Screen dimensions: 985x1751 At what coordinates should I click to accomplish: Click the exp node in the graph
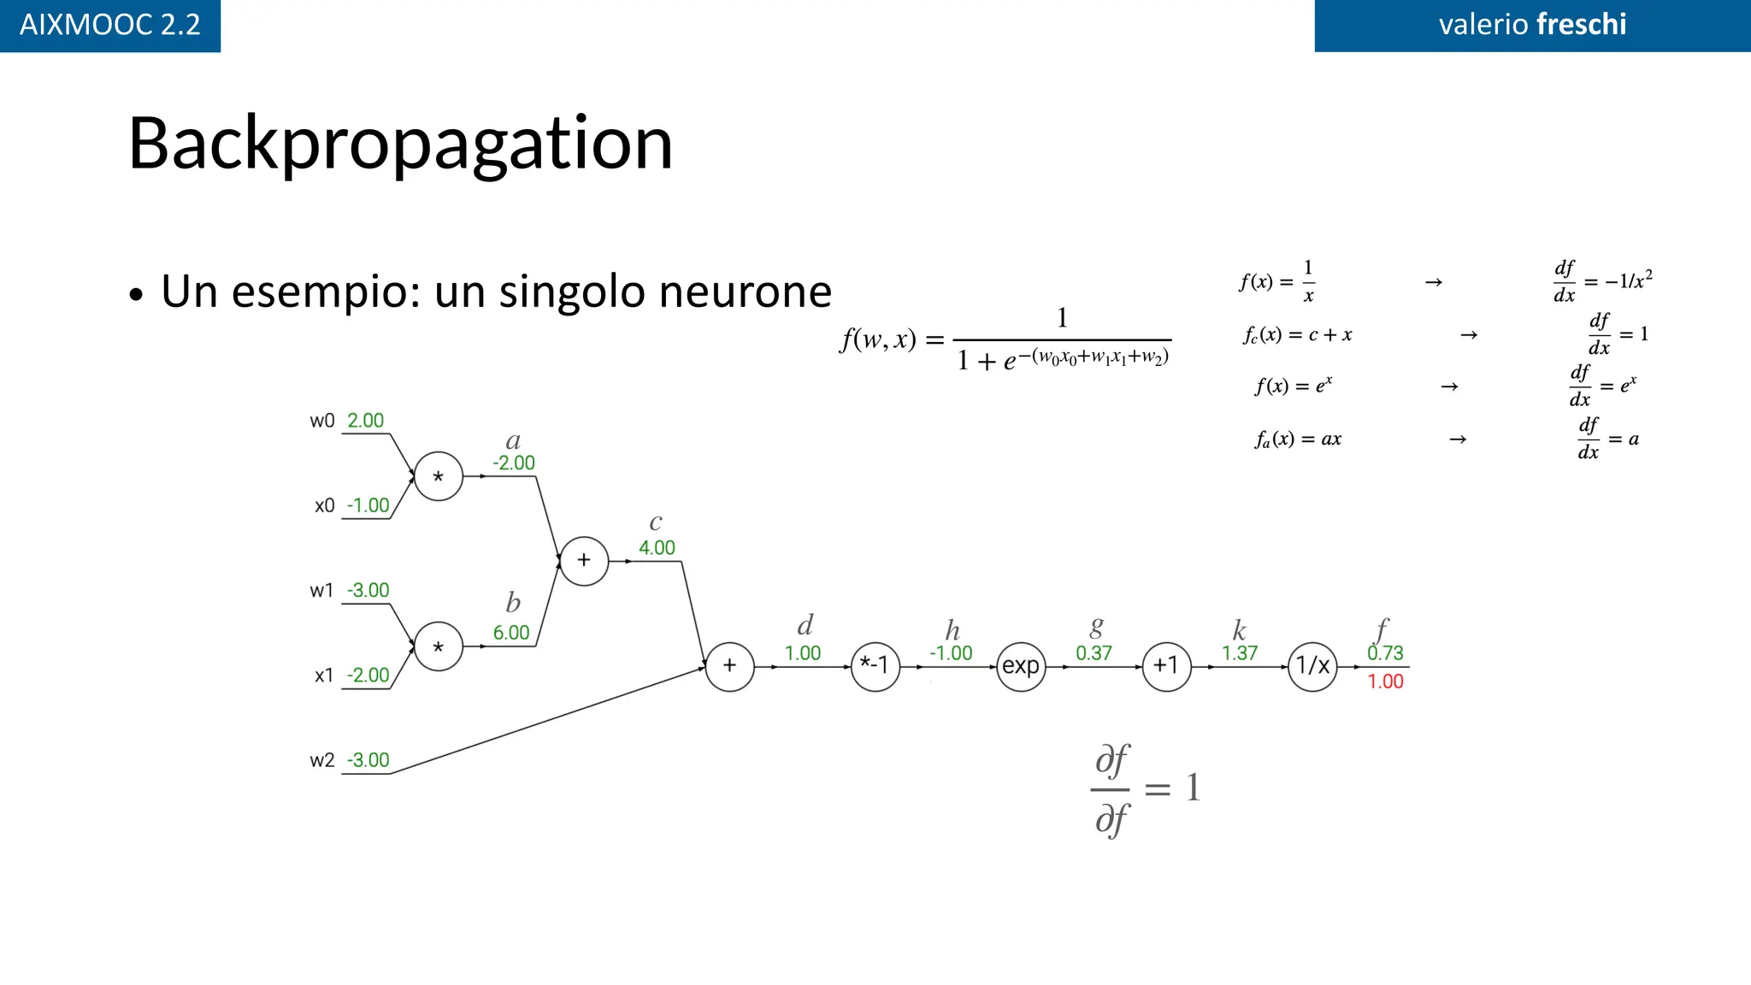(x=1021, y=666)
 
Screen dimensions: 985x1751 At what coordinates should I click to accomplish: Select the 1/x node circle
(x=1312, y=666)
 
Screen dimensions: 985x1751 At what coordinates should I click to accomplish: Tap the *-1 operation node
(x=875, y=666)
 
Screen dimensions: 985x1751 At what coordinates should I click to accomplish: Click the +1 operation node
(x=1166, y=666)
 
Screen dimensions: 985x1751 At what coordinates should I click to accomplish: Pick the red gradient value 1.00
(x=1385, y=681)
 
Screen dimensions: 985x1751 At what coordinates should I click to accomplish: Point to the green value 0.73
(x=1385, y=653)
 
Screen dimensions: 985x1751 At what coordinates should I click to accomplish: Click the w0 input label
(x=322, y=421)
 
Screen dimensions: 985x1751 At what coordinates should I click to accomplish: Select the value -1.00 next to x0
(x=368, y=505)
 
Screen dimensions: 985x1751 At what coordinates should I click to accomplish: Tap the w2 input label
(x=322, y=760)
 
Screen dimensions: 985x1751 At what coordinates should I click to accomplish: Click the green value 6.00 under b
(x=511, y=633)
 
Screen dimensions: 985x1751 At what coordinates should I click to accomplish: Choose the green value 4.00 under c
(x=657, y=548)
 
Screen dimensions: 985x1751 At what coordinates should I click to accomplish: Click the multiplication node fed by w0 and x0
(x=439, y=476)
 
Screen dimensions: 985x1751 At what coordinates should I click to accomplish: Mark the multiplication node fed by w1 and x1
(x=439, y=646)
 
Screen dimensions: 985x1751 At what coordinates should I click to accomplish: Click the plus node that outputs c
(x=584, y=561)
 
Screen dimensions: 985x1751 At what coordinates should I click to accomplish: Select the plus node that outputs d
(x=729, y=666)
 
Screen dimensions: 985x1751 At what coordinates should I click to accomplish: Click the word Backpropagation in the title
(x=400, y=144)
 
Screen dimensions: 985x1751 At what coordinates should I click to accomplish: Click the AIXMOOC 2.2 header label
(x=109, y=25)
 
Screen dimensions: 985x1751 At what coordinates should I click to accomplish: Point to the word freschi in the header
(x=1581, y=25)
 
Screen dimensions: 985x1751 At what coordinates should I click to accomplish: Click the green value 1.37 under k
(x=1240, y=653)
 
